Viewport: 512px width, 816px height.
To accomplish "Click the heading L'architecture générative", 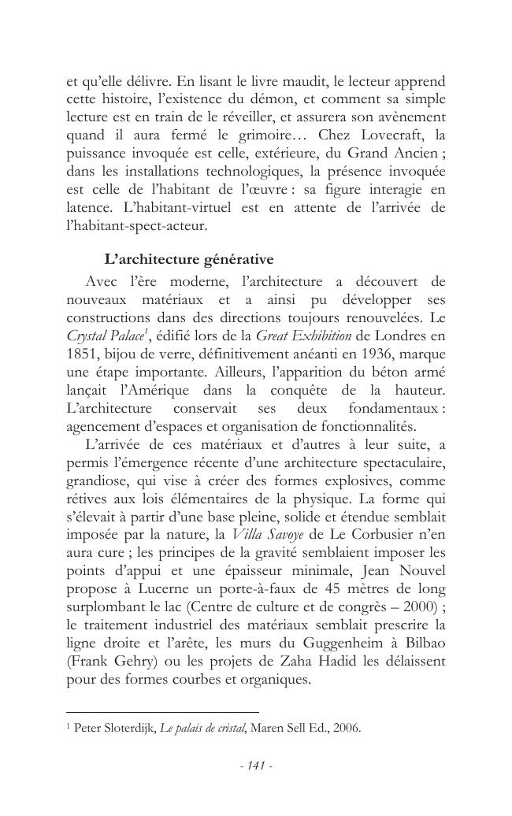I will point(189,259).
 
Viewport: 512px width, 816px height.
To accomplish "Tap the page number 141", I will point(255,765).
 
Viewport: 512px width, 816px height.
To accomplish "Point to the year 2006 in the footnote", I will point(347,728).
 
